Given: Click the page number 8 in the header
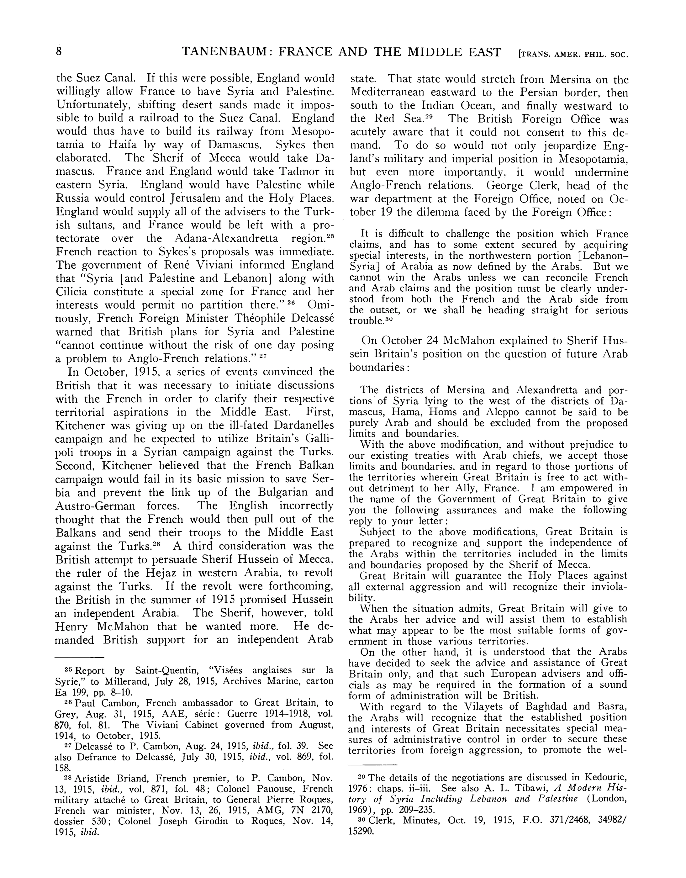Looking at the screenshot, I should (59, 52).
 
